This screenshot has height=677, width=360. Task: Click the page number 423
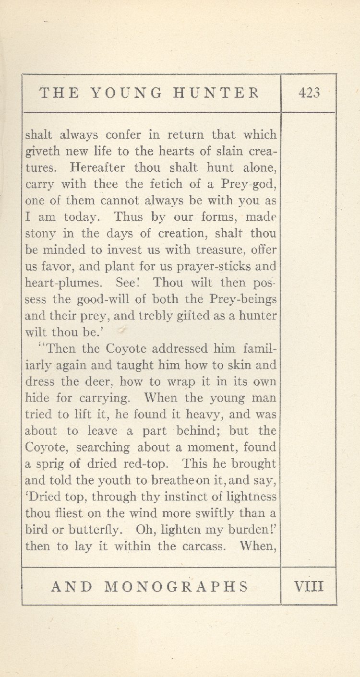click(x=309, y=93)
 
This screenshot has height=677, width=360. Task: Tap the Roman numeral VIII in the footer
click(x=309, y=586)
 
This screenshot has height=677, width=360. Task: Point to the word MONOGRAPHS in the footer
click(x=177, y=586)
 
